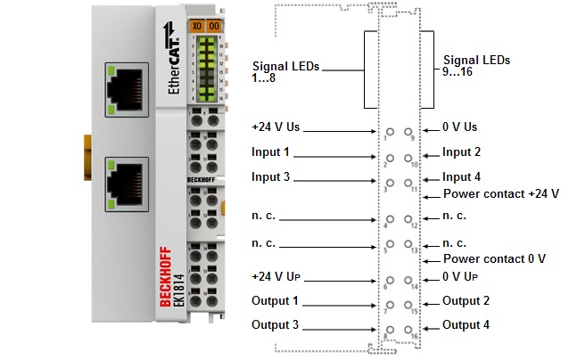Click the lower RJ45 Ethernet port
pos(127,181)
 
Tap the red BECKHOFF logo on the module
pos(166,275)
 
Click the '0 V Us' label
pos(459,127)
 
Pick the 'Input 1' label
pos(270,152)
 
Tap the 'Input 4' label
pos(461,177)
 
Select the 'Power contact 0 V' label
pos(494,258)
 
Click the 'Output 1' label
pos(275,300)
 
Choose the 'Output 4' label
pos(466,325)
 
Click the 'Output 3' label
pos(275,324)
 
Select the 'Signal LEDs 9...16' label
pos(476,66)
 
